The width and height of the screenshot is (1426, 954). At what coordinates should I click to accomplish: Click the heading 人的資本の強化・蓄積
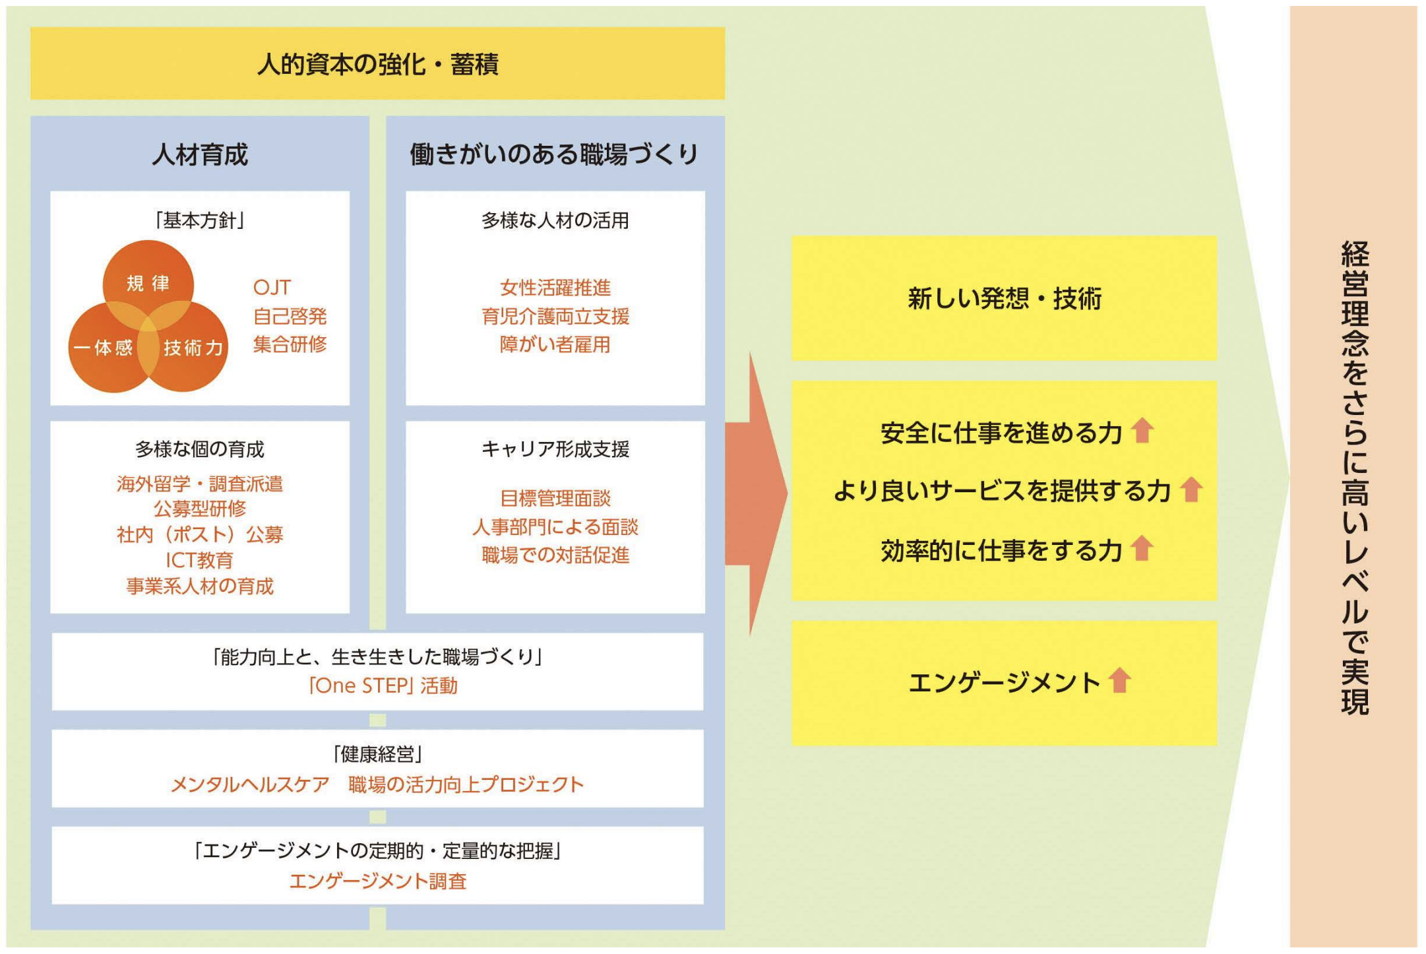click(377, 65)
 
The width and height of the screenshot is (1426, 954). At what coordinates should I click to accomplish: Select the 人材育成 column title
click(200, 154)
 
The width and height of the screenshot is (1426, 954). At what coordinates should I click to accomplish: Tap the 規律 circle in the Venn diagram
click(148, 284)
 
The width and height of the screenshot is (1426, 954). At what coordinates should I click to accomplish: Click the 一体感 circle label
click(103, 348)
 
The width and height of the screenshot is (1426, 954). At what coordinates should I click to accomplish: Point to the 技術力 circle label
click(193, 348)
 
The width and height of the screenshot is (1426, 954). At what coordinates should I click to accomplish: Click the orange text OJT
click(272, 288)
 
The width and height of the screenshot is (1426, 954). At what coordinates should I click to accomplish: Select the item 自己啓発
click(290, 316)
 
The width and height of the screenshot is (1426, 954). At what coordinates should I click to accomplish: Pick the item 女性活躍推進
click(555, 288)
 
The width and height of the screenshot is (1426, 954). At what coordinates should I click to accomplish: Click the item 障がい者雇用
click(555, 344)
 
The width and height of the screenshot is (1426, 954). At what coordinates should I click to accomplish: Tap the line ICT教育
click(200, 560)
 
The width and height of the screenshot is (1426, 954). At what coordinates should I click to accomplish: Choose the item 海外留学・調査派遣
click(200, 484)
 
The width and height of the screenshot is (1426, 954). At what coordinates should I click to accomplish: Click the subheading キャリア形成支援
click(555, 449)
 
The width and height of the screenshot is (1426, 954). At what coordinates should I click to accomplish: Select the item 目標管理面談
click(555, 498)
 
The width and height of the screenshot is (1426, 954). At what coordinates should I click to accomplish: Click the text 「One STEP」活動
click(383, 686)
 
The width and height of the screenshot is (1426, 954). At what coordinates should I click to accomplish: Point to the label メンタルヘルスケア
click(250, 784)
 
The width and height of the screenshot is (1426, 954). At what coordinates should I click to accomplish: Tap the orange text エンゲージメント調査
click(378, 881)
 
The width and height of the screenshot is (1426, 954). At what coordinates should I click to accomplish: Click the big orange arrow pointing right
click(757, 493)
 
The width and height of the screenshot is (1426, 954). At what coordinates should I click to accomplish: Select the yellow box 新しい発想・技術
click(1004, 298)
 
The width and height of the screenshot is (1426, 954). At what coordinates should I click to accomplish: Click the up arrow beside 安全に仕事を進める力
click(1142, 431)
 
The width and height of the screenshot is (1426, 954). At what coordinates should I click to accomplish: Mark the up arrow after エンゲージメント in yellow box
click(1119, 680)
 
